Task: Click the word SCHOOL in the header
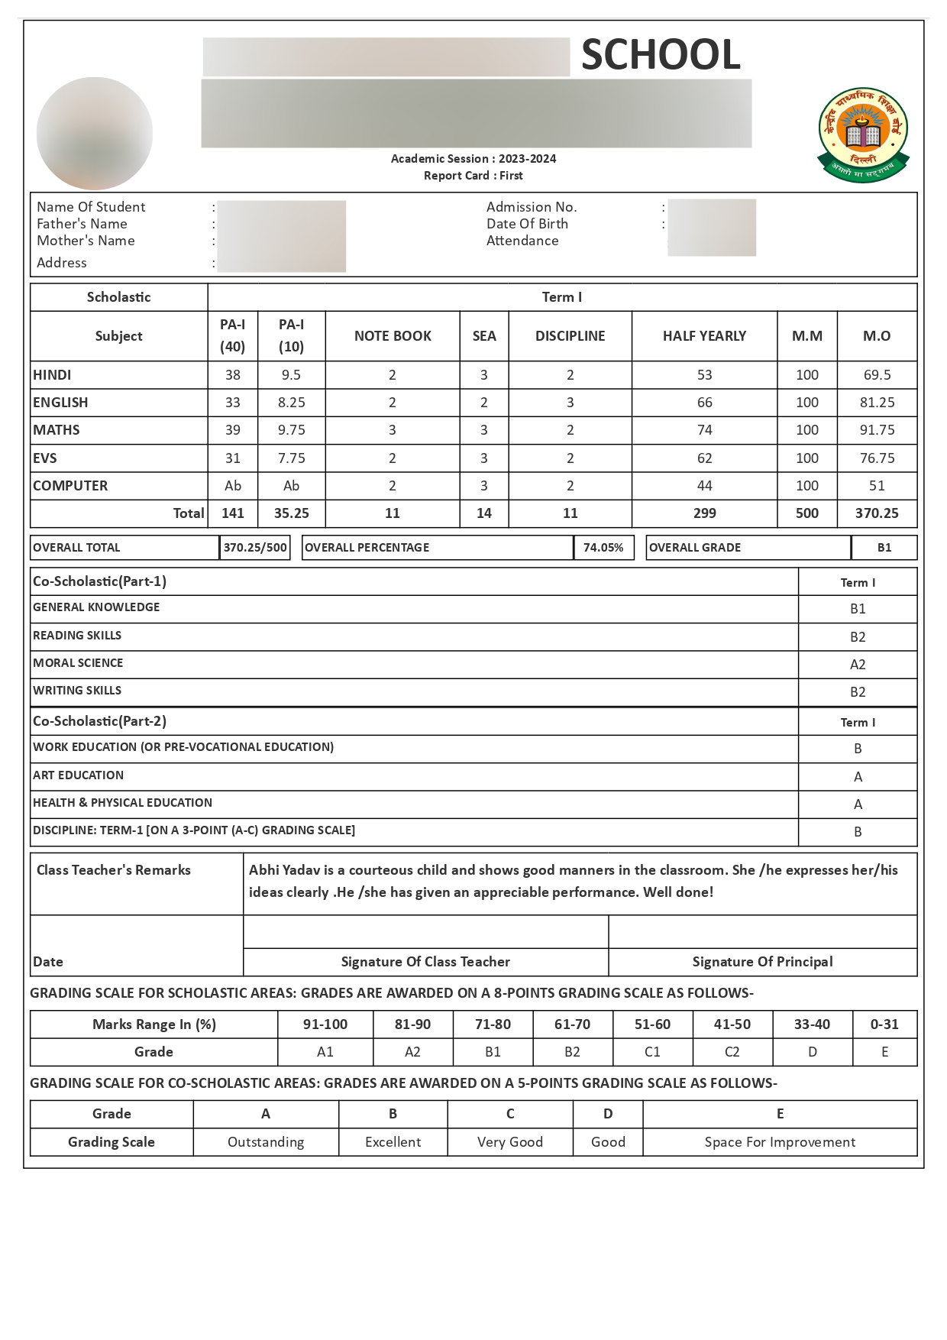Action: (x=661, y=55)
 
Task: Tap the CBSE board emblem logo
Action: (x=863, y=134)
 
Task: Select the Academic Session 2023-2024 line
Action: (x=473, y=159)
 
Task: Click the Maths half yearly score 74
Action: (x=704, y=430)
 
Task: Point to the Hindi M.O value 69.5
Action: (x=877, y=375)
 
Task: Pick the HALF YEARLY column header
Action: (x=704, y=336)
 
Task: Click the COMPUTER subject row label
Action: (x=70, y=486)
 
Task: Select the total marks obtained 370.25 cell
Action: (x=877, y=513)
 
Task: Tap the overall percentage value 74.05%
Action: (x=603, y=548)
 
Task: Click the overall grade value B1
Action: (x=884, y=548)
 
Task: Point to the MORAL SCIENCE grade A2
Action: (x=858, y=665)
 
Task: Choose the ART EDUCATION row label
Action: (x=78, y=775)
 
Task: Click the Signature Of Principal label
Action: (x=762, y=962)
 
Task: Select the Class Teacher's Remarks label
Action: (x=114, y=870)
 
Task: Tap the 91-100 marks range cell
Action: (x=325, y=1024)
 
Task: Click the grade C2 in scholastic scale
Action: (x=732, y=1052)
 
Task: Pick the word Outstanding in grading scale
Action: (x=266, y=1142)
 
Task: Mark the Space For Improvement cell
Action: (x=780, y=1142)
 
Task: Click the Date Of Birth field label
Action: (x=527, y=224)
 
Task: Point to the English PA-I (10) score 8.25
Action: (x=291, y=403)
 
